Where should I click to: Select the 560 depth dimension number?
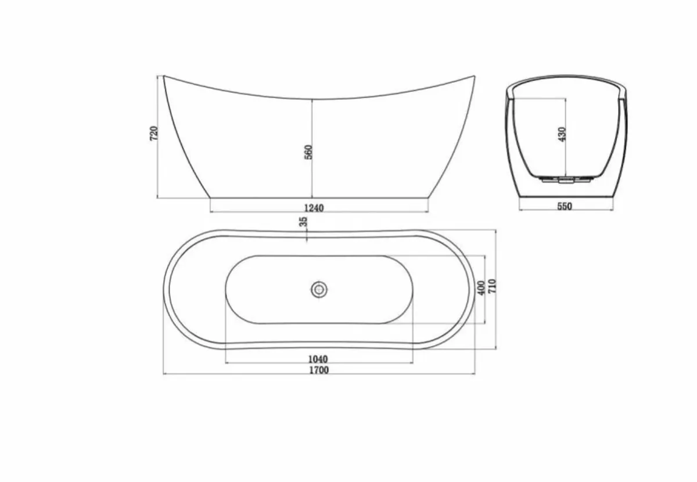308,152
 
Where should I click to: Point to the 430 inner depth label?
561,135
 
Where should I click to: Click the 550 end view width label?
564,206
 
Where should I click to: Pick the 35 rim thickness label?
303,222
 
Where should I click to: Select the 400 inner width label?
480,288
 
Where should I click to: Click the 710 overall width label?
491,286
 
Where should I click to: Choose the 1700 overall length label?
319,370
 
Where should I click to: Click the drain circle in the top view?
319,289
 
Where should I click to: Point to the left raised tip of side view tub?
164,76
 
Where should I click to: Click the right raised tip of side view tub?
474,76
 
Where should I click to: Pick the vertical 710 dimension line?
496,325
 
